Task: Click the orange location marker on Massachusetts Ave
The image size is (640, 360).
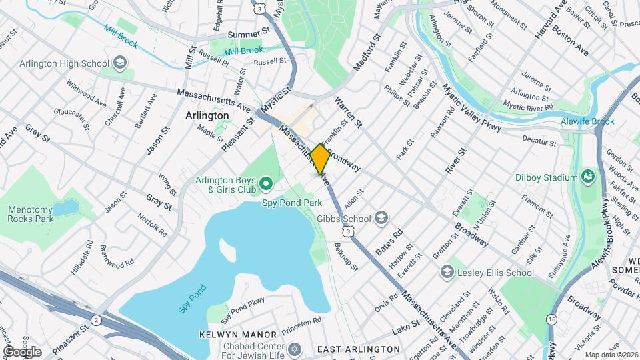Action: pos(320,159)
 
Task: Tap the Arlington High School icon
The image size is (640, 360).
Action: pos(119,63)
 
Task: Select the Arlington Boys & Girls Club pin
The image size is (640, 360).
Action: pos(266,182)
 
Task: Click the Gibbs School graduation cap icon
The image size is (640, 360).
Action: pos(381,218)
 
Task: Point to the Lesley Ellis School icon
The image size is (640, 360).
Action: pos(447,272)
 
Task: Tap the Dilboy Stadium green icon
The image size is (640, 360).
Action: pos(588,177)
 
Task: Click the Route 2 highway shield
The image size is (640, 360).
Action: pos(97,319)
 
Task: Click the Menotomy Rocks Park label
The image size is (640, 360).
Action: pos(30,213)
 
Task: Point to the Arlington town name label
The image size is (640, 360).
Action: pos(207,115)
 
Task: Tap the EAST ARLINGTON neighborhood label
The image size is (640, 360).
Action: pos(358,349)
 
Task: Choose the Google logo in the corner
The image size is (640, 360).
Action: pos(22,352)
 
